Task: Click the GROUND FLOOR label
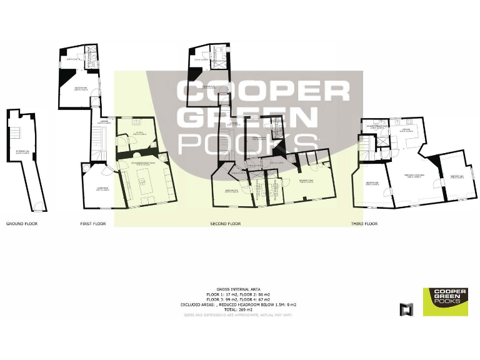tap(21, 223)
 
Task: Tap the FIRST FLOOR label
tap(93, 223)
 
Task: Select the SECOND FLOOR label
tap(225, 223)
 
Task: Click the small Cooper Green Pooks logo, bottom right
tap(445, 301)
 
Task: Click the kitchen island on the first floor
tap(142, 182)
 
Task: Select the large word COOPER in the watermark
tap(262, 91)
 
